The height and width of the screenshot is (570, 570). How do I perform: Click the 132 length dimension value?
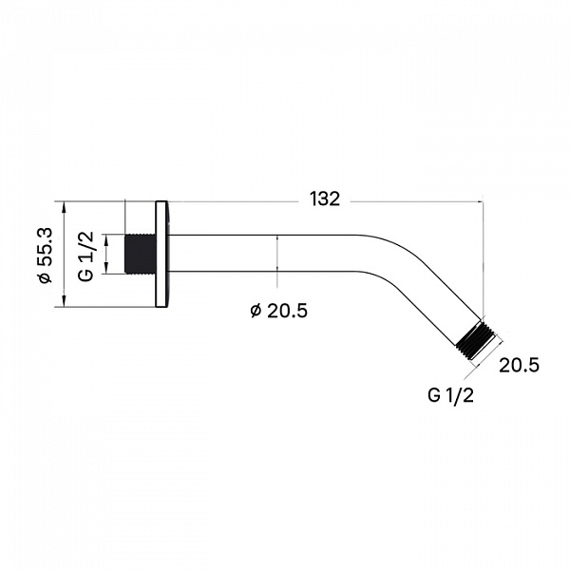coord(325,199)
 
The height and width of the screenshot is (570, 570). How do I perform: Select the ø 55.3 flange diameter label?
coord(46,255)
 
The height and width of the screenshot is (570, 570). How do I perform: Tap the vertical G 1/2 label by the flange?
coord(86,256)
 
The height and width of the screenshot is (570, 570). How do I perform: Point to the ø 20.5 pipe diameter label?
coord(278,311)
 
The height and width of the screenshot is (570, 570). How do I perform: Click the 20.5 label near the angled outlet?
coord(519,365)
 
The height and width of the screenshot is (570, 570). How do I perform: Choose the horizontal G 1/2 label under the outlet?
coord(450,395)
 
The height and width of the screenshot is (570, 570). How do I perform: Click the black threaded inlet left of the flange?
coord(141,254)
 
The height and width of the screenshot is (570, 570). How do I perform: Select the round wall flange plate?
coord(161,254)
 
